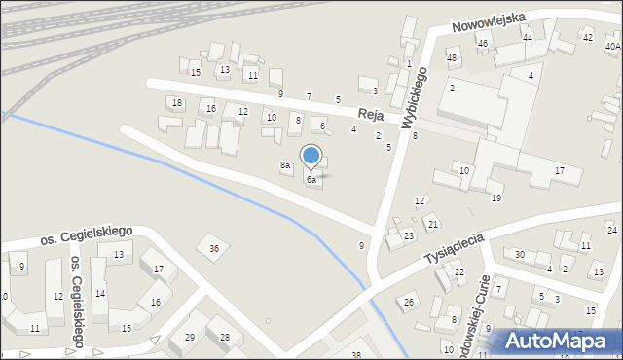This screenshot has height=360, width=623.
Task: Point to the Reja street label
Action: point(370,114)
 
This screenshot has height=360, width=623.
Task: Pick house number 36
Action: point(214,249)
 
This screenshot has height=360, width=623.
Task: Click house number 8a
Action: point(285,166)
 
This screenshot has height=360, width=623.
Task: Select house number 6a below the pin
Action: point(311,180)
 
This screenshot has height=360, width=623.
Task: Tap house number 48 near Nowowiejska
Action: point(452,58)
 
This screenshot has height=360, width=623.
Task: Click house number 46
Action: point(482,44)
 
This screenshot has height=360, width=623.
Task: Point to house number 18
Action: point(176,102)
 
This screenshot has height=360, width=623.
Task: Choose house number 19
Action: point(496,198)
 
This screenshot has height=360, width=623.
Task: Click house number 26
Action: point(410,302)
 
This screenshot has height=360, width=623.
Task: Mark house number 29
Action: point(190,338)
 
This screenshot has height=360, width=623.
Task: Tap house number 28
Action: point(225,338)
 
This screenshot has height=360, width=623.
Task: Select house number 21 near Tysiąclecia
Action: point(433,225)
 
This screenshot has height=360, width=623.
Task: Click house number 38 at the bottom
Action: point(356,355)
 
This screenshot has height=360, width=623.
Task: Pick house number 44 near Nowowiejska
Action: point(528,37)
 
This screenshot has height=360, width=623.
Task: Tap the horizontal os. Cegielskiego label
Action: point(86,234)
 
